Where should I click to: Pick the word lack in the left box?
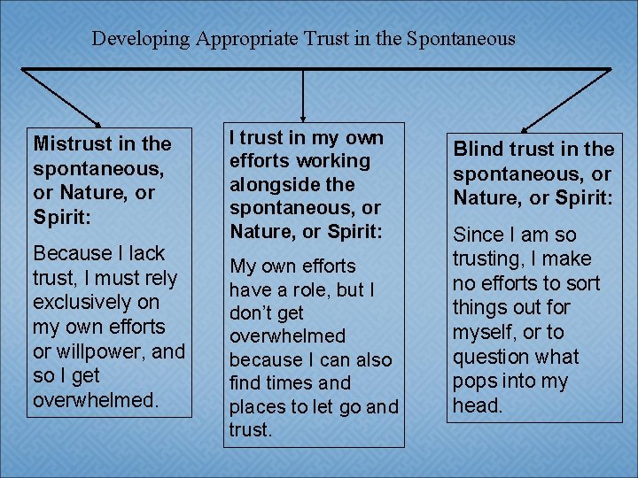[x=144, y=254]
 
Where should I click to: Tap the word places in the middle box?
[x=260, y=407]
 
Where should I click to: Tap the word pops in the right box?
[x=475, y=382]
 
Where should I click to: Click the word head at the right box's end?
[x=477, y=406]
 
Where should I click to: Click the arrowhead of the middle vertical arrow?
[x=304, y=113]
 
